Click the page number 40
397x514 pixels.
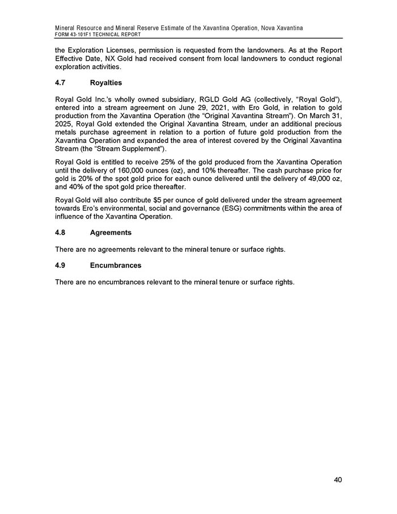[x=337, y=480]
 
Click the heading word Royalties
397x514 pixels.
[x=107, y=83]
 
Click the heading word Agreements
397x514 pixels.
[x=111, y=233]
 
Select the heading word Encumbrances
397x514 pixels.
[x=116, y=265]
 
